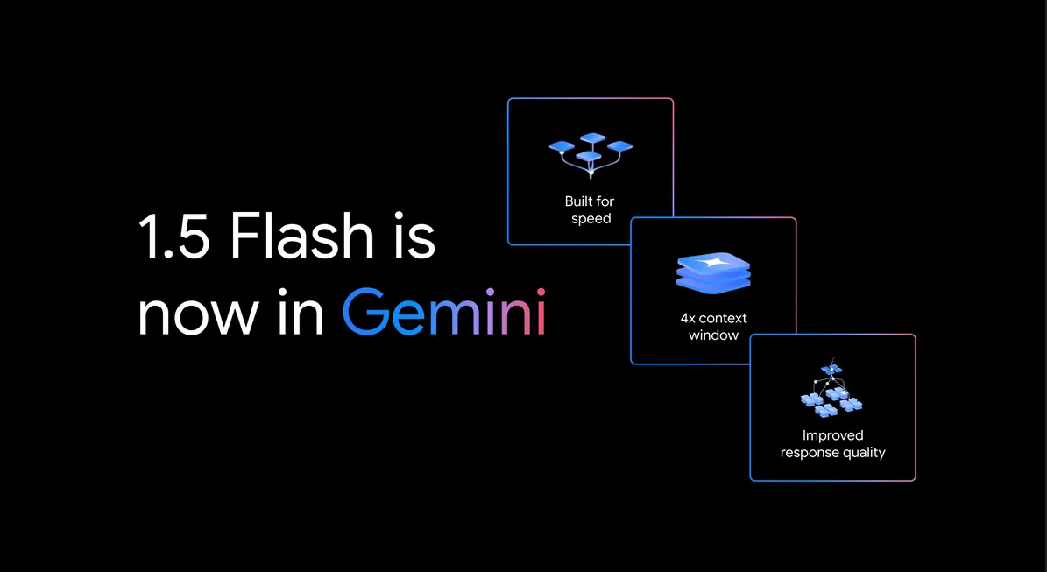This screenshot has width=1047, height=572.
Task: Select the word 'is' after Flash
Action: pos(410,237)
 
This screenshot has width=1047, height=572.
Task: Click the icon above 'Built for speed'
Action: pos(591,155)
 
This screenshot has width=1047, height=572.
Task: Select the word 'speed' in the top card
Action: pos(591,219)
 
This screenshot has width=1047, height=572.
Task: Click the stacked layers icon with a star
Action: pos(713,272)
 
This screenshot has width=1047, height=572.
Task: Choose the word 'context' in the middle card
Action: pos(724,318)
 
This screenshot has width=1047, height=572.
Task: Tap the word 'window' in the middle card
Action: pos(713,335)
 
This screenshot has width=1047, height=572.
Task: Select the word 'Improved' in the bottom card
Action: pos(832,435)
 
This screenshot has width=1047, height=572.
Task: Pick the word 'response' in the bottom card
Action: pos(810,453)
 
